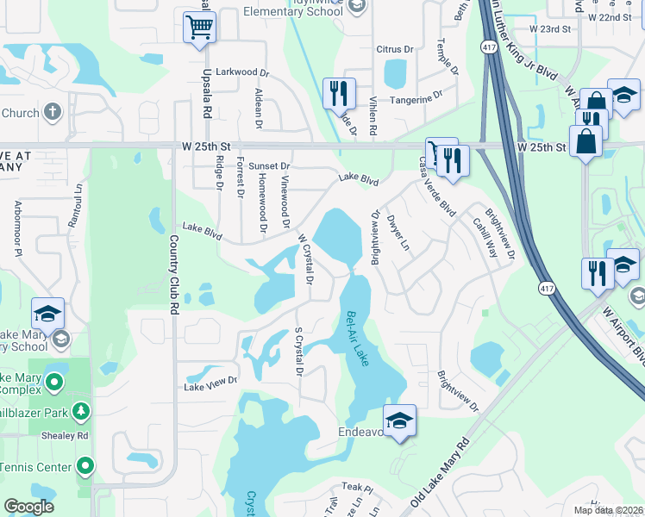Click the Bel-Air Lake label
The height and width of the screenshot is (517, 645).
pos(356,339)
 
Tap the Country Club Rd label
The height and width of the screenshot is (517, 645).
pos(174,273)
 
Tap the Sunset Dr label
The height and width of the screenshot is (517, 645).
pos(269,165)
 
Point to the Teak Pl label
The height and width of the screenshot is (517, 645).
pos(355,488)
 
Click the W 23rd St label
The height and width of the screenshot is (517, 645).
pos(550,28)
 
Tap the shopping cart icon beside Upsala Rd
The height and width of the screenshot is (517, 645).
pos(199,27)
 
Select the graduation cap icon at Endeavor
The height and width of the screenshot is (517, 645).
pos(398,421)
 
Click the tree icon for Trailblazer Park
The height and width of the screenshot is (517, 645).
pos(81,409)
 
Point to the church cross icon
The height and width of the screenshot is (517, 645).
pos(52,113)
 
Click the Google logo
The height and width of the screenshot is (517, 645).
pos(29,507)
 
